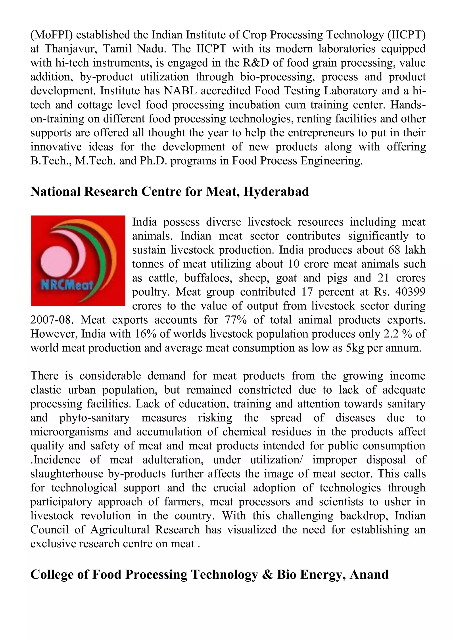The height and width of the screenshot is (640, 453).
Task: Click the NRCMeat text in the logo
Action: click(67, 285)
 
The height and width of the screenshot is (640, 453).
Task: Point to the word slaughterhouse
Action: click(67, 474)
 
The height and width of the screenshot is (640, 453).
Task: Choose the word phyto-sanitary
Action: click(94, 418)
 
